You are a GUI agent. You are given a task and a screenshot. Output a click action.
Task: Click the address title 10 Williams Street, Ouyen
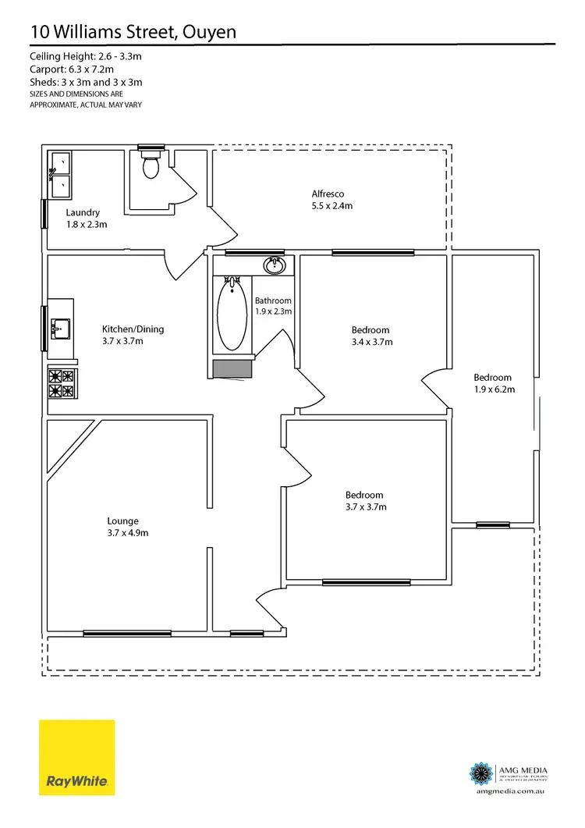pos(133,31)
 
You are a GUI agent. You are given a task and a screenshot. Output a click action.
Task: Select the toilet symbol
pos(151,165)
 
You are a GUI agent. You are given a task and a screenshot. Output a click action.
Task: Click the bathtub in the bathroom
pos(231,315)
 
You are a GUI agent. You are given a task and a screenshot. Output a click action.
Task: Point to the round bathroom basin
pos(275,266)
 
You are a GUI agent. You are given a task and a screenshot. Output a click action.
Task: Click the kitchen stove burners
pos(61,383)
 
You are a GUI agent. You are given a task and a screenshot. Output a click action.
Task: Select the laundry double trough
pos(59,175)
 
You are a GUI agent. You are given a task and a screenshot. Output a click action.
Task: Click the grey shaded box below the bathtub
pos(232,369)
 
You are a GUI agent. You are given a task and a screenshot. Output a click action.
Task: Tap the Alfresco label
pos(328,194)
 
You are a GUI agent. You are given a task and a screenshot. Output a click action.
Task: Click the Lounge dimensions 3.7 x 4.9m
pos(128,533)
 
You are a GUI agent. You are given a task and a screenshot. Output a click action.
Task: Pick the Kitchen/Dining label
pos(133,329)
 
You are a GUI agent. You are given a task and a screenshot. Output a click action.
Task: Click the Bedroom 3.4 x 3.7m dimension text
pos(371,342)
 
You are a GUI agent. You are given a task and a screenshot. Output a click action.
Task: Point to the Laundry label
pos(82,212)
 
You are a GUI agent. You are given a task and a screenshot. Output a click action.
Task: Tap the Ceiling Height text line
pos(87,57)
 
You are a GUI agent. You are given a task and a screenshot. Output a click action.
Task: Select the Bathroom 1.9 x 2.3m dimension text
pos(273,311)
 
